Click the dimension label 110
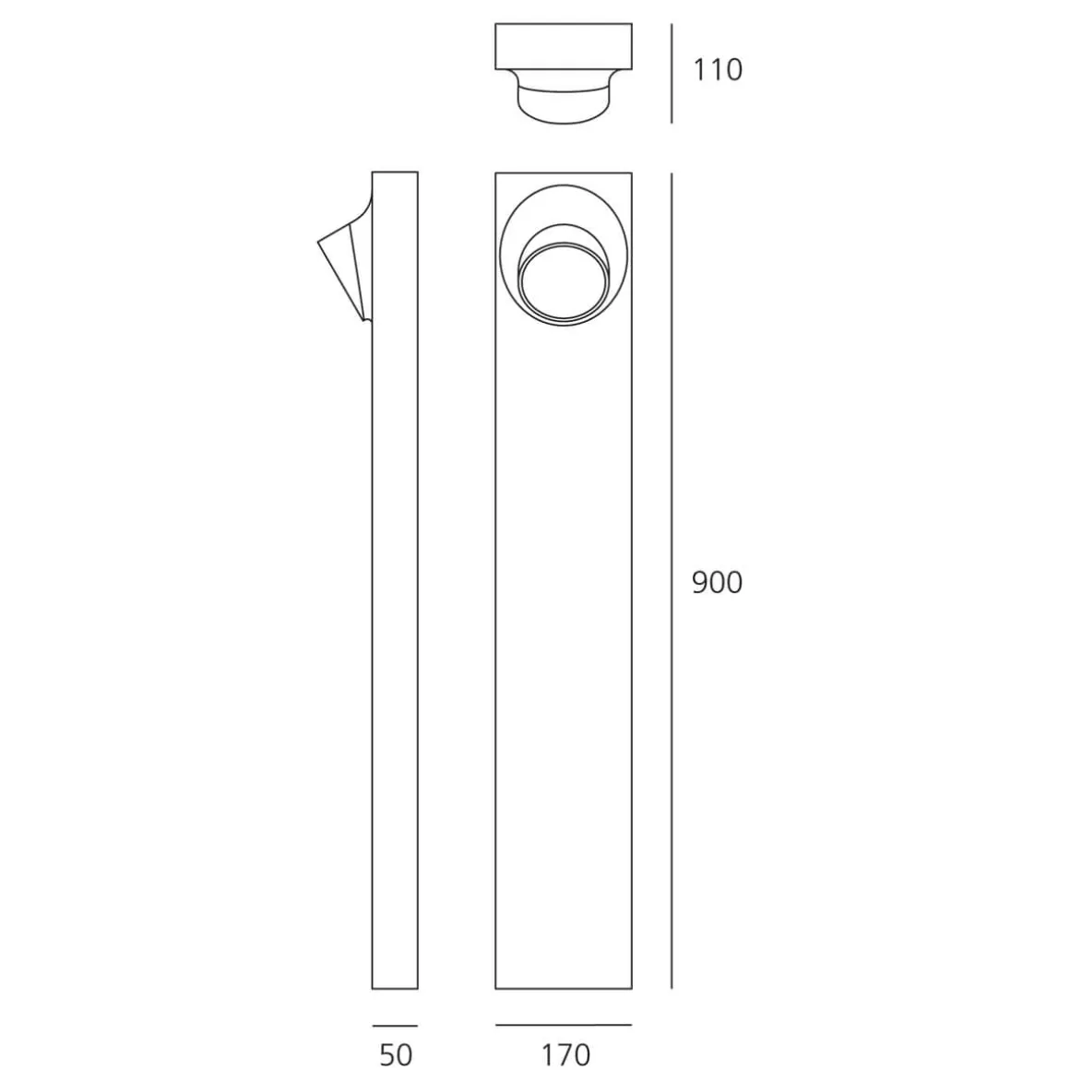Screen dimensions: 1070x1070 coord(717,70)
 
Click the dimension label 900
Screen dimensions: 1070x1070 coord(717,583)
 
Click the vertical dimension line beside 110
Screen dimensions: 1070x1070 coord(672,74)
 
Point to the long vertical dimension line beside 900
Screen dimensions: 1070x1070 coord(672,581)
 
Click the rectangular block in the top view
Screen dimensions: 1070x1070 coord(564,46)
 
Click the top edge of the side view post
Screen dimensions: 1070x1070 coord(395,172)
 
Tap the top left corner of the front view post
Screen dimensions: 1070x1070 coord(496,173)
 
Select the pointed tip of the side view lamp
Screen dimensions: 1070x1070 coord(319,243)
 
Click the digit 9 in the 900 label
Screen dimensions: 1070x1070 coord(700,583)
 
